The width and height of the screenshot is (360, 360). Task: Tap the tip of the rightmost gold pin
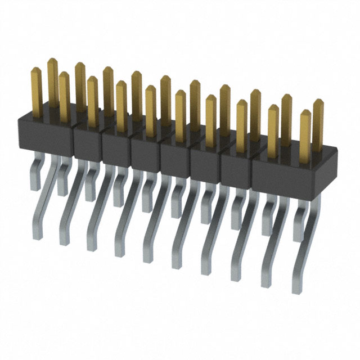318,102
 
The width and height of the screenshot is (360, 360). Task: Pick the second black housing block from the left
88,143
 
